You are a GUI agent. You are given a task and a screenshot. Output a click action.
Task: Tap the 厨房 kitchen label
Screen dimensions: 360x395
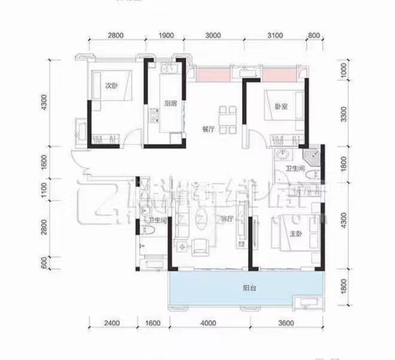tap(170, 103)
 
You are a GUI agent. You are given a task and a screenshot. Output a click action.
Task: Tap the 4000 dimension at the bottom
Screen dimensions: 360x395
tap(207, 324)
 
